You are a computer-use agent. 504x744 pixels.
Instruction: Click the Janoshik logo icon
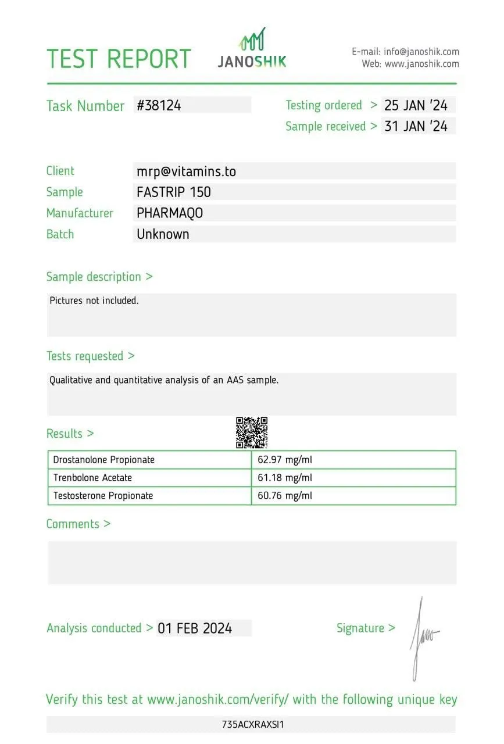point(252,39)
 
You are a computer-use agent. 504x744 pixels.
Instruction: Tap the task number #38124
point(159,105)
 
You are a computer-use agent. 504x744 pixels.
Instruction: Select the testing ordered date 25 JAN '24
point(416,105)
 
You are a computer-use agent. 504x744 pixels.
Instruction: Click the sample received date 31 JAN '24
point(416,126)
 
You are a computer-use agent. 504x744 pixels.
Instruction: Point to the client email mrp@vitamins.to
point(186,171)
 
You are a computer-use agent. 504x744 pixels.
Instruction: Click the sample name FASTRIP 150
point(174,192)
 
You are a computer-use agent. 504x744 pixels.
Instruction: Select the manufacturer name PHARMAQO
point(170,213)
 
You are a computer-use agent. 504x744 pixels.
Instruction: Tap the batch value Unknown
point(163,234)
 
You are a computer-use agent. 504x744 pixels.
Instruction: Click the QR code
point(252,432)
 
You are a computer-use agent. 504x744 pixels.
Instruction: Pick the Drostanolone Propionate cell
point(104,460)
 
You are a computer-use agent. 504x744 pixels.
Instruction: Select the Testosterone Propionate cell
point(103,496)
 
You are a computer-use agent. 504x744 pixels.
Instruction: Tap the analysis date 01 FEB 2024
point(195,628)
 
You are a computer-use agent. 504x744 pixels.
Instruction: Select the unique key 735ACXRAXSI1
point(252,724)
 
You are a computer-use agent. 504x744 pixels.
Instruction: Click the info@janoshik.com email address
point(421,52)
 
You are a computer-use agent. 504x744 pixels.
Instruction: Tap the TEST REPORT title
point(119,59)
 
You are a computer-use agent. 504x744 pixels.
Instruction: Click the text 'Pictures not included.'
point(94,301)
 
